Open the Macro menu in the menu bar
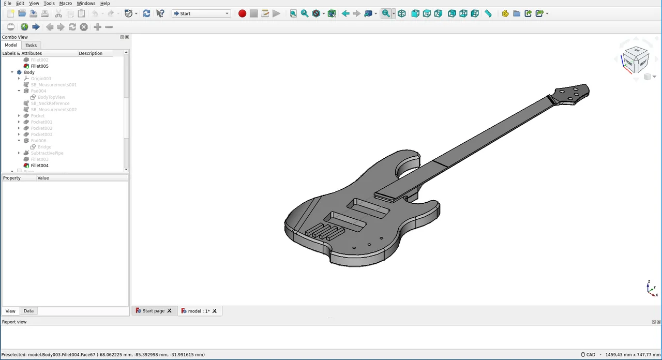(65, 3)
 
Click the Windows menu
(86, 3)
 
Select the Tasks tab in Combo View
(31, 46)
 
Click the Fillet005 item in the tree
(39, 66)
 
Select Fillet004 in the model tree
(39, 166)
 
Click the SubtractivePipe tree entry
(47, 153)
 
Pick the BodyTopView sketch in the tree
(51, 97)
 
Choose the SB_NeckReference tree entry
(50, 103)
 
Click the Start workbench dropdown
(201, 13)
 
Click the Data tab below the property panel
(28, 311)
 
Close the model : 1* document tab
(215, 311)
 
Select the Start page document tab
(153, 311)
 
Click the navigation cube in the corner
(635, 58)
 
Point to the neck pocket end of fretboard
(391, 196)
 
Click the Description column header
(91, 53)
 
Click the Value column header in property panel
(43, 178)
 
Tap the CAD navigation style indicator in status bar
(588, 355)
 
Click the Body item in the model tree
(29, 72)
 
